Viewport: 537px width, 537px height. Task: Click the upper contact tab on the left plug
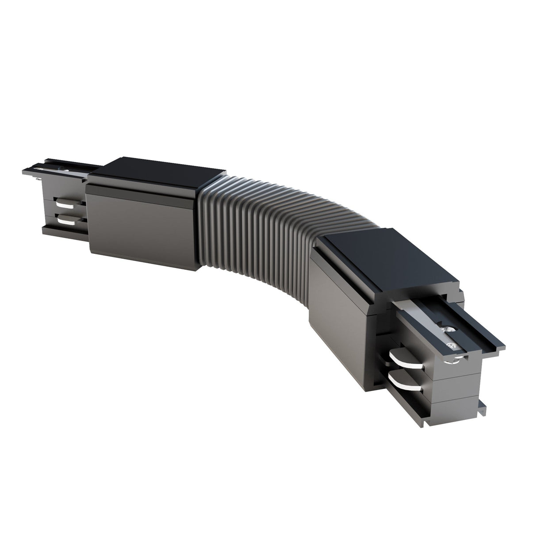pos(65,204)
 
